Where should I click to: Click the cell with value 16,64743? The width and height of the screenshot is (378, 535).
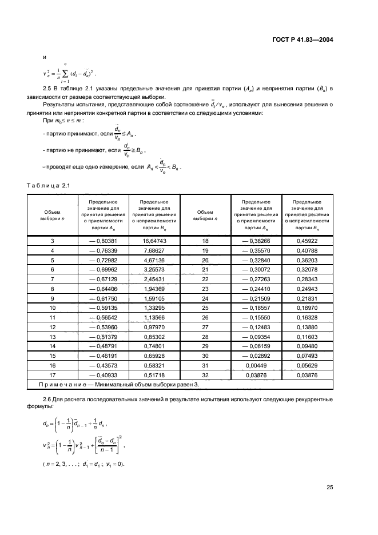[x=154, y=242]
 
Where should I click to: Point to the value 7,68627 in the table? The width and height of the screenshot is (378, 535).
[x=154, y=250]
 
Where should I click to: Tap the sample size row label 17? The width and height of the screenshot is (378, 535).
[x=52, y=376]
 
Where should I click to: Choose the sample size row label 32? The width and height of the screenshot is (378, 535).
[x=205, y=376]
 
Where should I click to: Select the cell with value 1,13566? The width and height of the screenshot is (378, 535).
[x=154, y=317]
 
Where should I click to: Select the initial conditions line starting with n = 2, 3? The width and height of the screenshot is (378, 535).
[x=83, y=463]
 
